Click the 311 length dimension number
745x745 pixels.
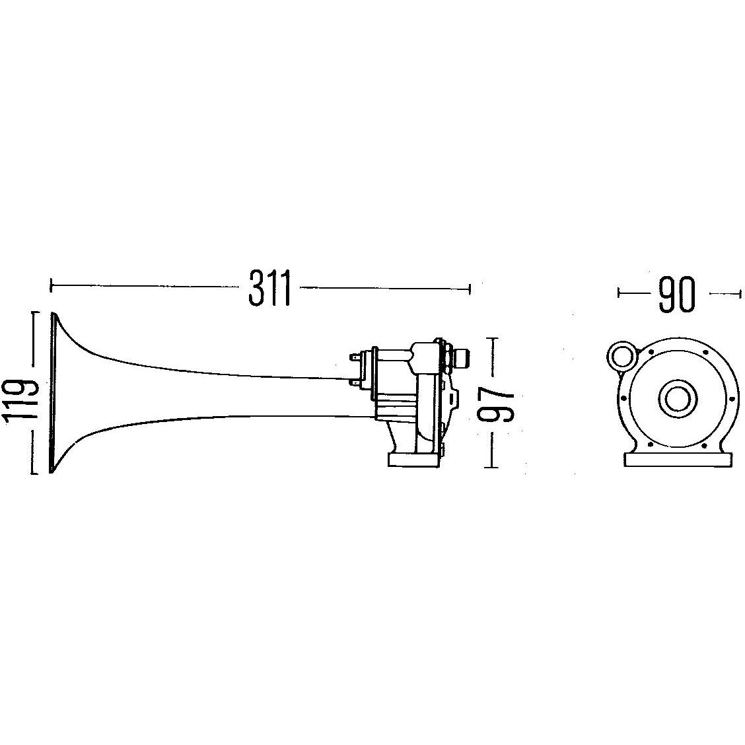tap(269, 288)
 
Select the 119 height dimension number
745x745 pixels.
tap(20, 392)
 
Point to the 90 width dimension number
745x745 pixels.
tap(676, 295)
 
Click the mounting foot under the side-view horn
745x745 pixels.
tap(412, 460)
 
